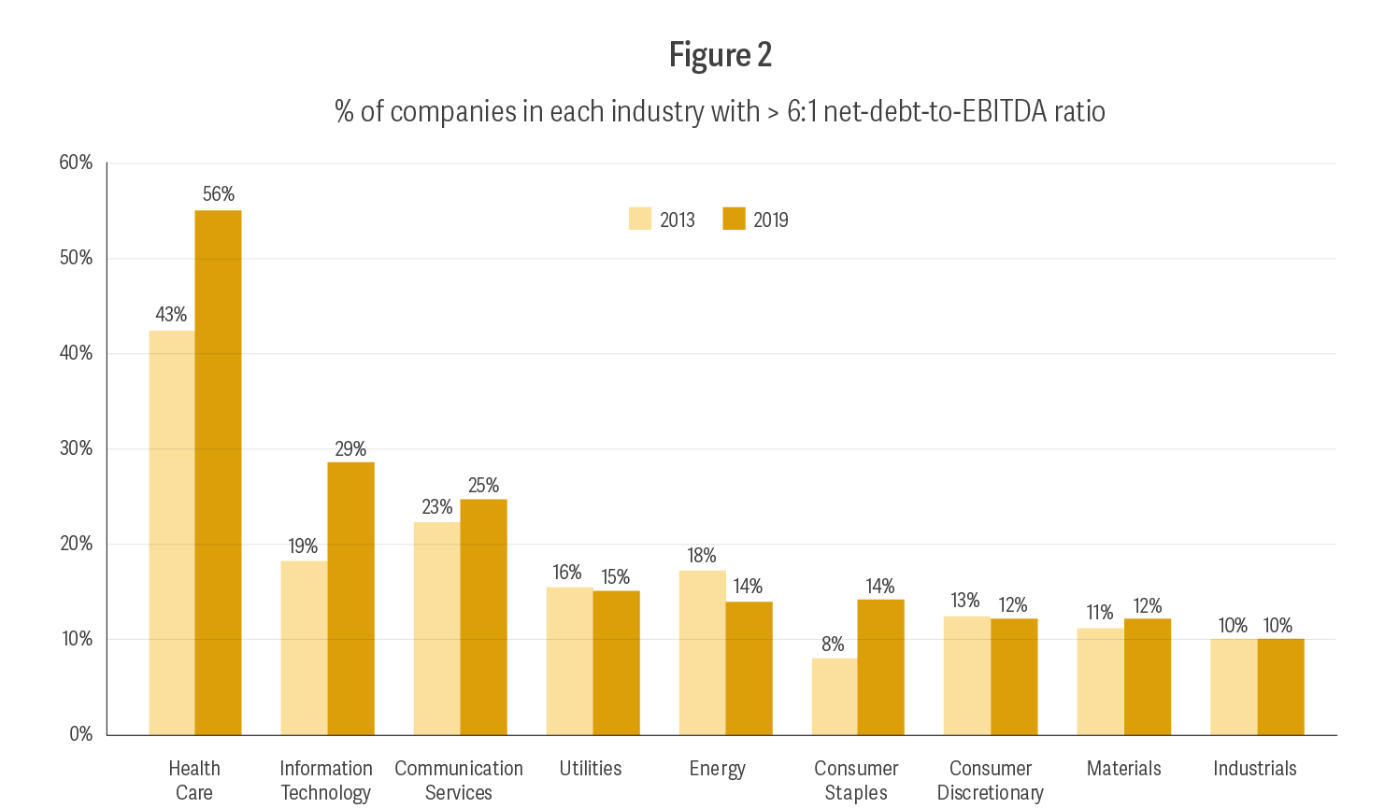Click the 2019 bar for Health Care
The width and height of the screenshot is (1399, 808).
click(x=218, y=472)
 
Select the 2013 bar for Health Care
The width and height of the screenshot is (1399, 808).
click(x=172, y=532)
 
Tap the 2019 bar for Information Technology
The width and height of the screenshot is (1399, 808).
click(x=350, y=598)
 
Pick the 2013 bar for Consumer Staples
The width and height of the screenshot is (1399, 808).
click(x=835, y=696)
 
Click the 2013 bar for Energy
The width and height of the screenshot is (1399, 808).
click(x=702, y=652)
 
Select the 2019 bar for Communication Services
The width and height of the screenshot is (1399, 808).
click(x=483, y=617)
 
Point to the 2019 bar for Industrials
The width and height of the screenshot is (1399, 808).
click(x=1280, y=687)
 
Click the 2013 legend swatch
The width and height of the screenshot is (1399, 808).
click(x=640, y=219)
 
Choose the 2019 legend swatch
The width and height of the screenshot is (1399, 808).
click(x=735, y=219)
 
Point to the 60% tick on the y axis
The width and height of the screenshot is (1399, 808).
click(x=76, y=163)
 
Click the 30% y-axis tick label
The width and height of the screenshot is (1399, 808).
click(x=76, y=448)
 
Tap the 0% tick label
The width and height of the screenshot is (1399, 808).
click(x=80, y=734)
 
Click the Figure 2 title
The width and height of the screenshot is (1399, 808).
click(x=720, y=55)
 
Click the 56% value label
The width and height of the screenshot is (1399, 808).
click(x=219, y=194)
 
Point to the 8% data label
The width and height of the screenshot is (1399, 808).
click(x=833, y=645)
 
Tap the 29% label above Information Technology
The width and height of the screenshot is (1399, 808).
click(x=350, y=449)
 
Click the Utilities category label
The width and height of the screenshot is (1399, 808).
click(x=590, y=769)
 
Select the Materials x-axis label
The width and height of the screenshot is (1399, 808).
click(x=1123, y=769)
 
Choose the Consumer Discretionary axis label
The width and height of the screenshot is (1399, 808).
click(x=990, y=781)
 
